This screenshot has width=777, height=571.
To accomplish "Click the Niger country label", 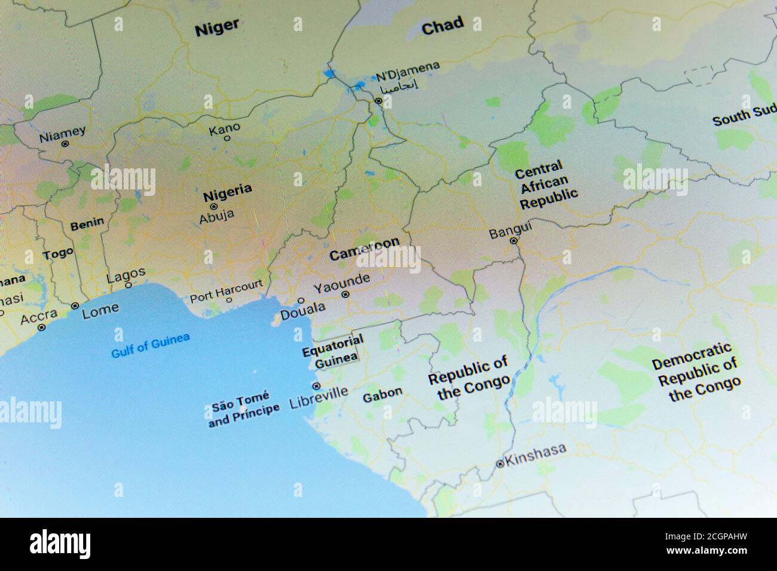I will click(216, 27).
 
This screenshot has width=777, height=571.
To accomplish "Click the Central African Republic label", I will click(546, 185).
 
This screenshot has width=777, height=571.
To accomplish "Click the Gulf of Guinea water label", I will click(151, 345).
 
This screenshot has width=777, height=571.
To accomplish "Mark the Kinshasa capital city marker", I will click(500, 463).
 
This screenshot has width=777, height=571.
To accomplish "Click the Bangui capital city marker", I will click(513, 241).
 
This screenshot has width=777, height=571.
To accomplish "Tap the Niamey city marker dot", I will click(65, 143).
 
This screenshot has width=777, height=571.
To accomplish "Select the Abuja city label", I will click(216, 217).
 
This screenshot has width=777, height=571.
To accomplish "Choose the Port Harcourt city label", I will click(225, 290).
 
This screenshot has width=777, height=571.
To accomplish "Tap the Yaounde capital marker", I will click(345, 294).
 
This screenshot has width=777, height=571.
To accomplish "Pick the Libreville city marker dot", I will click(316, 386).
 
